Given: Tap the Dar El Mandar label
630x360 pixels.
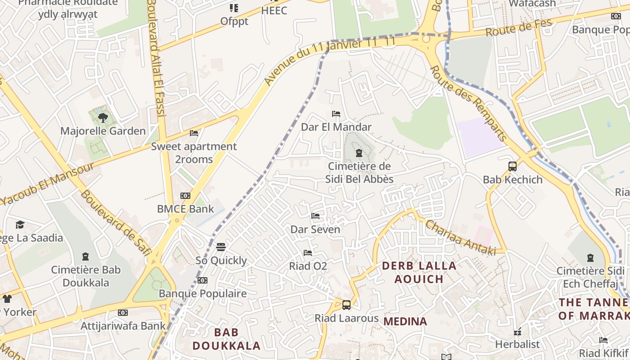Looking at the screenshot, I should (x=336, y=127).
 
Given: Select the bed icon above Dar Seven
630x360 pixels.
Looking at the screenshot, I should (x=315, y=216).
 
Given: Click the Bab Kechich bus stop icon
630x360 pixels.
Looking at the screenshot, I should (x=513, y=166).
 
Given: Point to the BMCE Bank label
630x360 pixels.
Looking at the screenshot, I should (x=185, y=209).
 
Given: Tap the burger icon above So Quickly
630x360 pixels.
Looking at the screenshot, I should (x=221, y=247).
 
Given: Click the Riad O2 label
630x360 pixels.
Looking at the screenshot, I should (x=308, y=266).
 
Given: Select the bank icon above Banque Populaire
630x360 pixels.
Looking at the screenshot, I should (x=202, y=280).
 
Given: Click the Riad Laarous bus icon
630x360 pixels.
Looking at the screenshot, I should (x=346, y=305).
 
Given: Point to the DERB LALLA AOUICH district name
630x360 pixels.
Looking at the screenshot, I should (x=419, y=272).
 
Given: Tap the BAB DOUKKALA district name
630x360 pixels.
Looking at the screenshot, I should (x=226, y=339).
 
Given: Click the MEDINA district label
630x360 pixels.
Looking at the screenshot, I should (x=405, y=321).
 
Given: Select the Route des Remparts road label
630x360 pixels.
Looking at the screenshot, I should (x=468, y=103).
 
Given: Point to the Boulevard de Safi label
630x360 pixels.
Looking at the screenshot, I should (x=115, y=223).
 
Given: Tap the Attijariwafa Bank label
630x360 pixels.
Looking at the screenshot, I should (x=123, y=326).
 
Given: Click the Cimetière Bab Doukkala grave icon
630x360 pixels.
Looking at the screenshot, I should (x=85, y=257).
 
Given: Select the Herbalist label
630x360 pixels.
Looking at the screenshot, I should (x=517, y=344).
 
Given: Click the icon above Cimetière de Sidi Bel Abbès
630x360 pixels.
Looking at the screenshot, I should (x=359, y=153).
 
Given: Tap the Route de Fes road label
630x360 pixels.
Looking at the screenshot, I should (x=519, y=28).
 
